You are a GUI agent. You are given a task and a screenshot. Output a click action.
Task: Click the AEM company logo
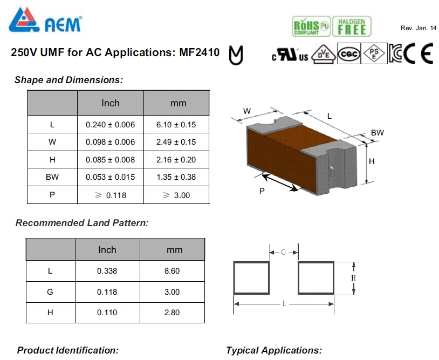click(45, 20)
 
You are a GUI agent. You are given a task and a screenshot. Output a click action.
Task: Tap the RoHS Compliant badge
click(311, 26)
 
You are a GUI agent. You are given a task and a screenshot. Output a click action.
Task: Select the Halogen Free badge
click(352, 26)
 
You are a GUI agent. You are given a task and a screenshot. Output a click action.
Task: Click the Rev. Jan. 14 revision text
click(419, 28)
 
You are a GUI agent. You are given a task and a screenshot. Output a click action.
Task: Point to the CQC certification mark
click(349, 53)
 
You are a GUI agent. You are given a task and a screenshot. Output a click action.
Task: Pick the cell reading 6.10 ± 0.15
click(176, 125)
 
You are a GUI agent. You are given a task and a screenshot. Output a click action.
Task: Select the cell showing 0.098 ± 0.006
click(111, 142)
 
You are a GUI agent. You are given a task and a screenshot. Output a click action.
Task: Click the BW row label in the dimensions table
click(52, 177)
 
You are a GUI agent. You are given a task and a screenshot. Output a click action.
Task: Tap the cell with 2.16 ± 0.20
click(176, 160)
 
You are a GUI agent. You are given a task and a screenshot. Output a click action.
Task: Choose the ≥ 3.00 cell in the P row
click(176, 195)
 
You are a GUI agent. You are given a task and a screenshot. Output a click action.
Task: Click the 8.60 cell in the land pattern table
click(172, 271)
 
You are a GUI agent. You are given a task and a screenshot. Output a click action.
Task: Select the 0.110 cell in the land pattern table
click(107, 313)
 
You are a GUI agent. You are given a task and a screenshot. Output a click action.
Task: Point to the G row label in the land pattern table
click(50, 292)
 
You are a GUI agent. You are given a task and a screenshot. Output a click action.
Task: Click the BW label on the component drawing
click(377, 133)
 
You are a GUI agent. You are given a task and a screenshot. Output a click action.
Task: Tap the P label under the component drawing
click(262, 191)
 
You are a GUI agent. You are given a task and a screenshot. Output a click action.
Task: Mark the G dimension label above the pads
click(283, 253)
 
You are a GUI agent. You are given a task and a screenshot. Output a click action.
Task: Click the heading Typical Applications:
click(274, 350)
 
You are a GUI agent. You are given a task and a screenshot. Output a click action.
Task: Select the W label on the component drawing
click(247, 111)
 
